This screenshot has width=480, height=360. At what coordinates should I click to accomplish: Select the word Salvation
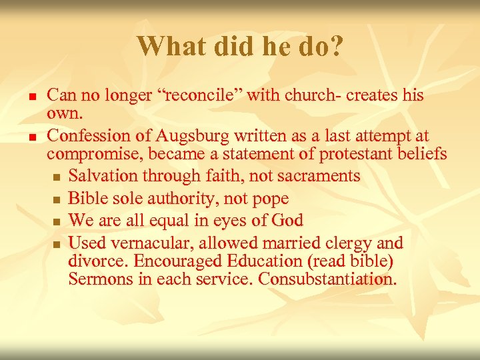(101, 176)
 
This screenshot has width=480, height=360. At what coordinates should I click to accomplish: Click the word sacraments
(319, 176)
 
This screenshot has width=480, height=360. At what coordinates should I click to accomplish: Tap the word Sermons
(101, 279)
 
